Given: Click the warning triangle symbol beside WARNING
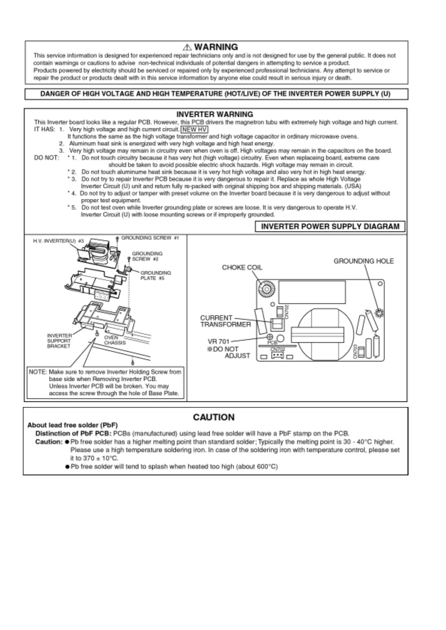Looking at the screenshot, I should point(187,47).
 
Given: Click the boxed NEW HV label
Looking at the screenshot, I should point(194,129).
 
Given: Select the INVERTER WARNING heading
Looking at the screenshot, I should point(215,114).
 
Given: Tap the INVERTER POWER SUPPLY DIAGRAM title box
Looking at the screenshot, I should point(330,226).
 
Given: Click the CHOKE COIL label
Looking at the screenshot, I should point(242,267).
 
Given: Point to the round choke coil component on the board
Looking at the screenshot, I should point(266,289).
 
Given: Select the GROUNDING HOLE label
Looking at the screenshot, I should point(364,261).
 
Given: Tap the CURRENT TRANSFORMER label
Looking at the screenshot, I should point(225,321).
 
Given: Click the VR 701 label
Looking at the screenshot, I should point(218,342).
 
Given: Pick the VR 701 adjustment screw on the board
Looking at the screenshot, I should point(269,337).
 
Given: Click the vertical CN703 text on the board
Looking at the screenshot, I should point(355,351).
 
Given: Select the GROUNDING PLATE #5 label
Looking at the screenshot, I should point(155,275).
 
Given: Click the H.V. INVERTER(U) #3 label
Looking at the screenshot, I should point(58,241).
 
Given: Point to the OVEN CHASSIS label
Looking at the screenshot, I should point(115,340).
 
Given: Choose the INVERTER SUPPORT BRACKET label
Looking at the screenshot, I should point(59,341).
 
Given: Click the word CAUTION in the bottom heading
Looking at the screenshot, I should point(214,418).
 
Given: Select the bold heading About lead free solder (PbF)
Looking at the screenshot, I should point(73,425).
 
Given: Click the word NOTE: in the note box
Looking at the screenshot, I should point(38,372).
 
